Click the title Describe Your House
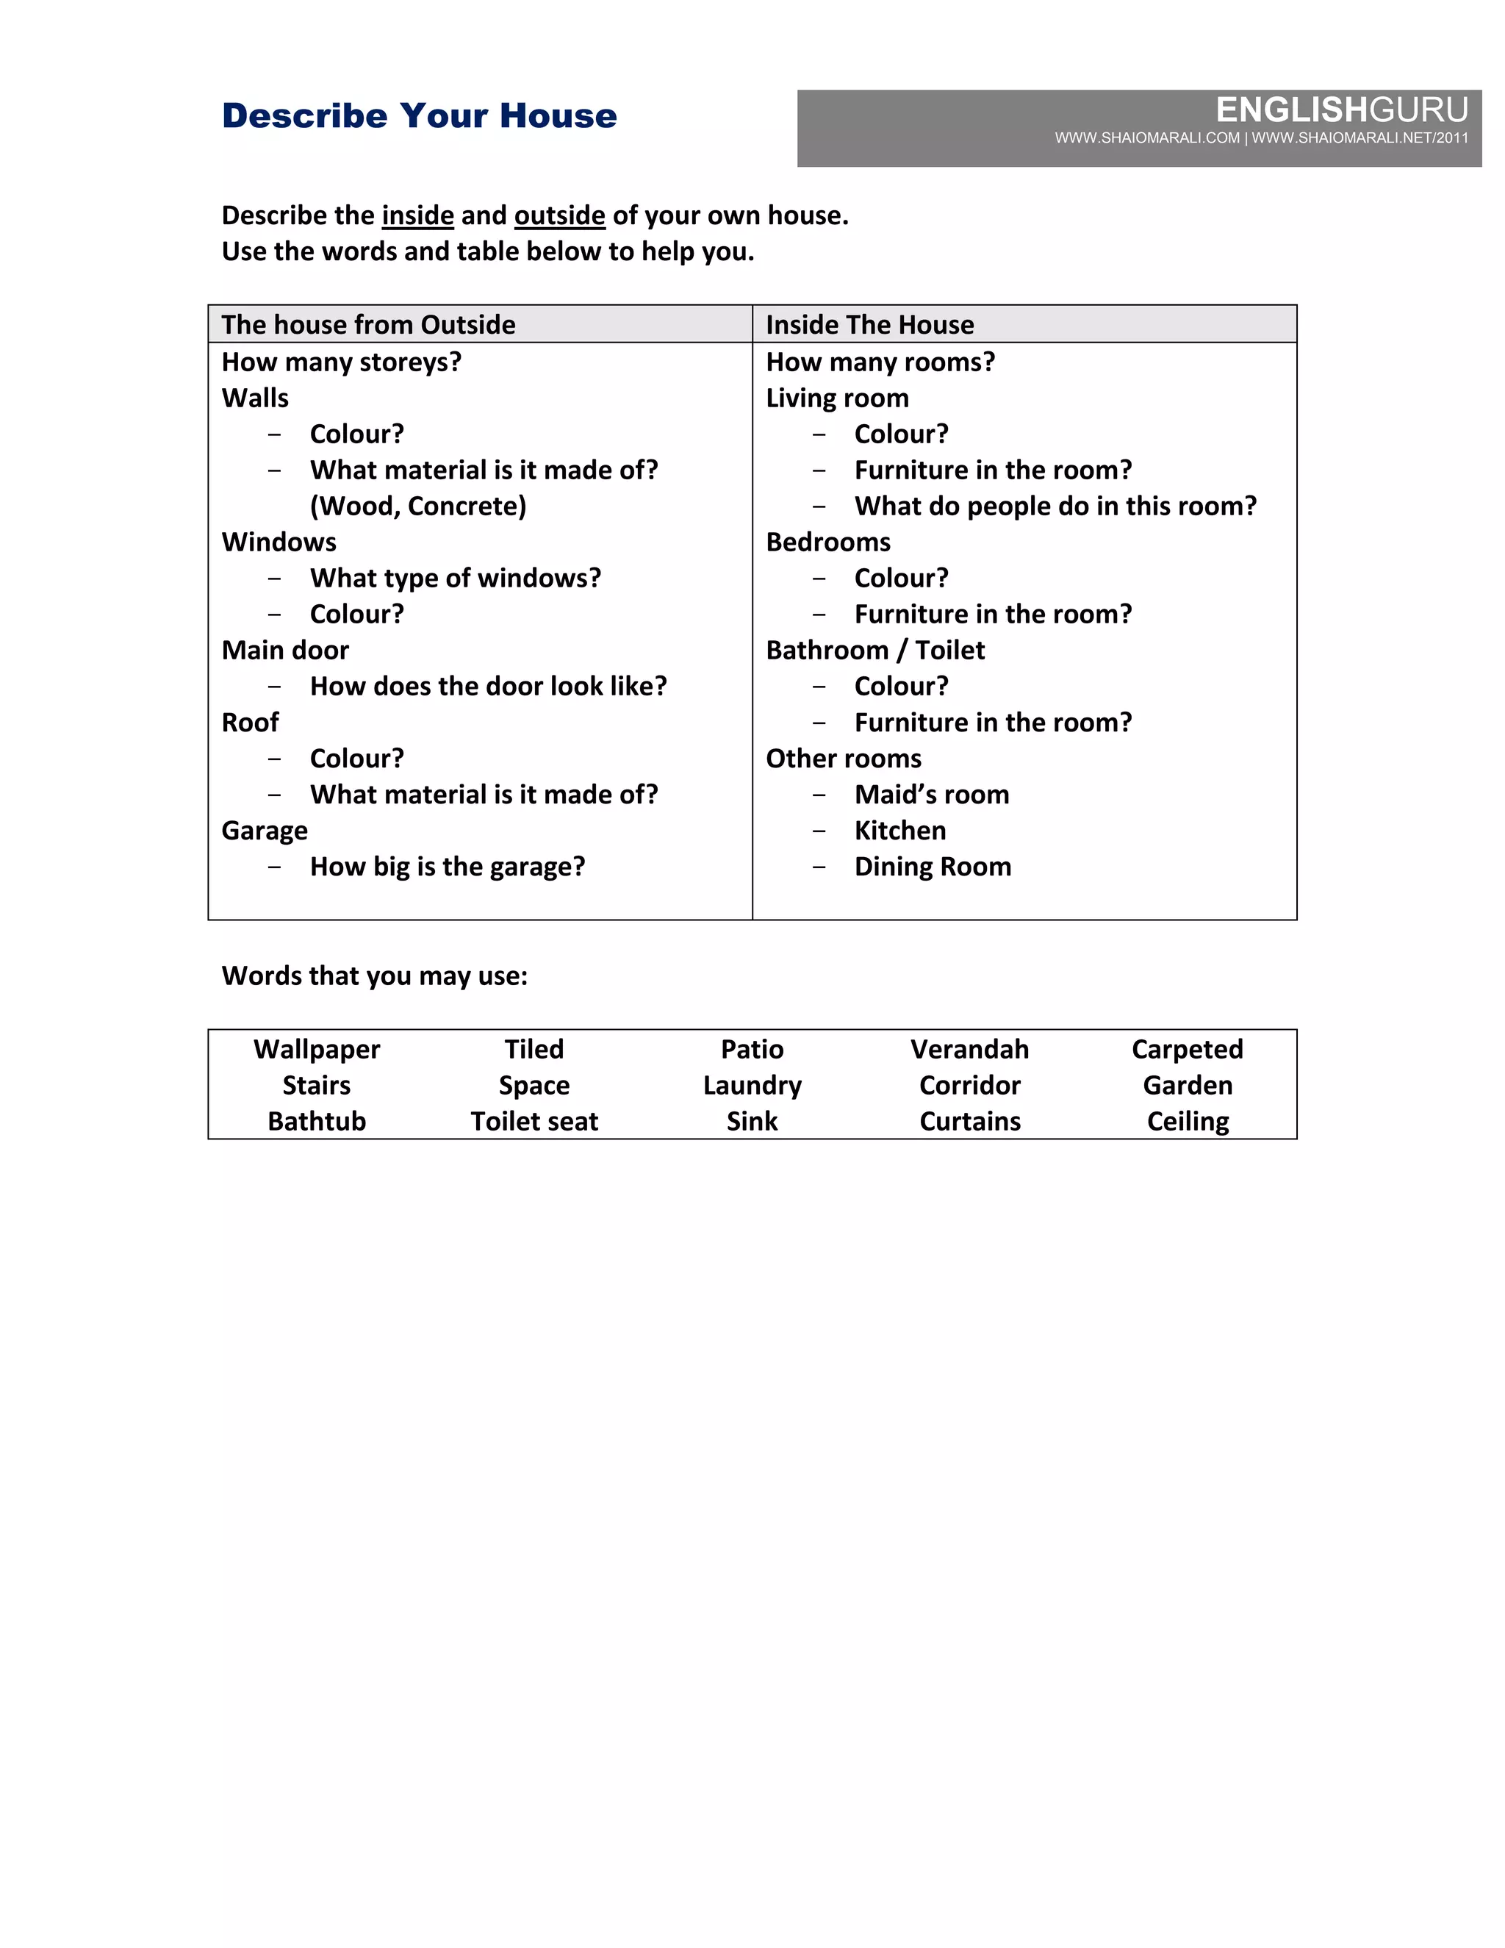pos(419,116)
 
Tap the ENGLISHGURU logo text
pos(1341,110)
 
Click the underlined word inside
pos(417,216)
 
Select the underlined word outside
pos(559,216)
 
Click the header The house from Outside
pos(368,325)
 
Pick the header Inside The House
pos(869,325)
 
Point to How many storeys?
pos(342,362)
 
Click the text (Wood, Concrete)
pos(418,506)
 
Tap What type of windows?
pos(455,578)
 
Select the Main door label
pos(285,651)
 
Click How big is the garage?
pos(447,867)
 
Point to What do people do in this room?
pos(1055,506)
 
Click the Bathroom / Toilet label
pos(874,651)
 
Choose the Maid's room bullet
pos(932,795)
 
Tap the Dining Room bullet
pos(933,867)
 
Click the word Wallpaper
pos(317,1050)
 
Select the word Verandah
pos(969,1050)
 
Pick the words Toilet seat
pos(534,1122)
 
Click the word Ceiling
pos(1188,1122)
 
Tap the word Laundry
pos(752,1086)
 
